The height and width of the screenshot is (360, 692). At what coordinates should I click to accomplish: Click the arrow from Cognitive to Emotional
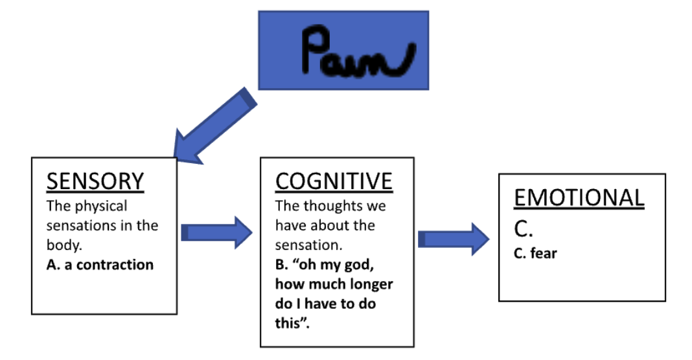tap(454, 239)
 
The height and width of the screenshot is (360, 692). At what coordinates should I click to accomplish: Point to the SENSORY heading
tap(95, 182)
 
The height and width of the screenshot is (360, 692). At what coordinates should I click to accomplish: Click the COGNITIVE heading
tap(334, 181)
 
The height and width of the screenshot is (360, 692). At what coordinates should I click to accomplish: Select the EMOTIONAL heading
tap(579, 197)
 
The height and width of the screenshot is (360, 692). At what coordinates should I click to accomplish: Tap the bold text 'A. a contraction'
tap(100, 264)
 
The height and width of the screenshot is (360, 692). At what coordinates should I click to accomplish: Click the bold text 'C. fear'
tap(535, 253)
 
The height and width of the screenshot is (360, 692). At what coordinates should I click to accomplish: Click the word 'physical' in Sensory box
tap(99, 206)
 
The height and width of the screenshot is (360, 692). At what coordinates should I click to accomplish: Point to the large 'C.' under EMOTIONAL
tap(523, 229)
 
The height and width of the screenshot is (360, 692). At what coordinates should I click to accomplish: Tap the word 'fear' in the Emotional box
tap(544, 253)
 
